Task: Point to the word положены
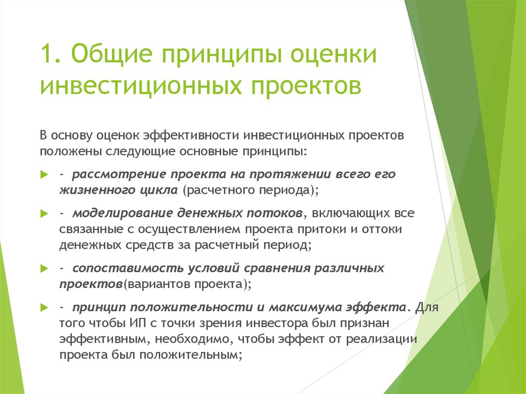click(70, 152)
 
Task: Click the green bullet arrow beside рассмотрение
click(44, 175)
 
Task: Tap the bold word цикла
click(159, 191)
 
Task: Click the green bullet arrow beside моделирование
click(44, 214)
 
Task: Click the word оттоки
click(382, 229)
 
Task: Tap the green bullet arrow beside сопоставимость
click(44, 269)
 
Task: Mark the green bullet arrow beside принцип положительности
click(44, 307)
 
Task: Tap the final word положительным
click(190, 355)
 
